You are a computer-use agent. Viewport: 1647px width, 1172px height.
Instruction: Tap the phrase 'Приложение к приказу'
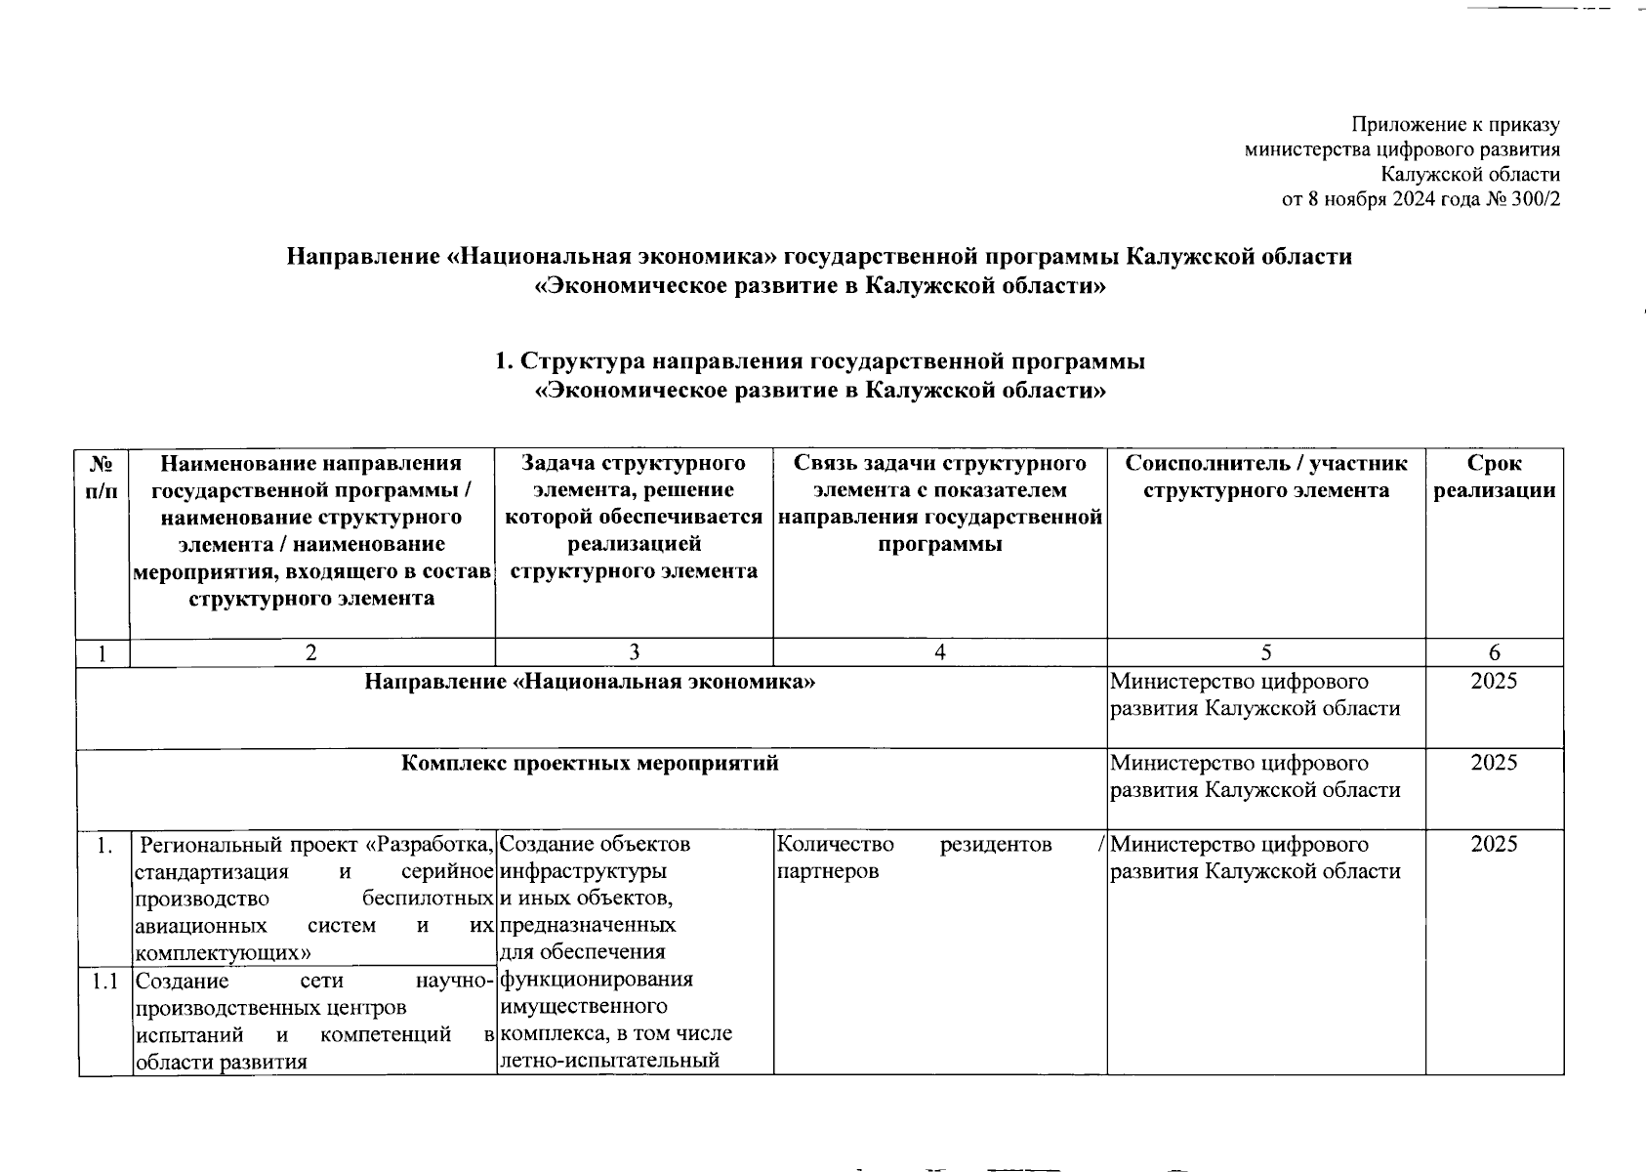1455,125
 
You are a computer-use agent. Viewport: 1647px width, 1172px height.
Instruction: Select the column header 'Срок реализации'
1494,477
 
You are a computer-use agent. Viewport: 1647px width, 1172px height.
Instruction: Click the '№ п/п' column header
102,477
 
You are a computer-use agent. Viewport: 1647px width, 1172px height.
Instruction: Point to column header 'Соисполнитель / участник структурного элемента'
1265,477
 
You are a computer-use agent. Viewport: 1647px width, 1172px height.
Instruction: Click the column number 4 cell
939,653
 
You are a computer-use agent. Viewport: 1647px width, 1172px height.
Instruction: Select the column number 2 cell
311,653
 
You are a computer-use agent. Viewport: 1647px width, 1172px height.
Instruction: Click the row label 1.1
104,981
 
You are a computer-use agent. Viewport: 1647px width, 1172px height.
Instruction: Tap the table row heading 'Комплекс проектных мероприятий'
590,764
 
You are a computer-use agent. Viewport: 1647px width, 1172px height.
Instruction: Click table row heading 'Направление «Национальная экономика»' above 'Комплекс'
590,682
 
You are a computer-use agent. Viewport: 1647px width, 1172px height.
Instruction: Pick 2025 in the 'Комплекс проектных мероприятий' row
1494,763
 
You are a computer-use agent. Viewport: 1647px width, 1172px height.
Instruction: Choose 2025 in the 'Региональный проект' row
1494,844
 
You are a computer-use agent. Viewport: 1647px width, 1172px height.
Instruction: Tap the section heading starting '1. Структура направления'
820,361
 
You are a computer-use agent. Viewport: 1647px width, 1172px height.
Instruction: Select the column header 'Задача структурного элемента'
634,517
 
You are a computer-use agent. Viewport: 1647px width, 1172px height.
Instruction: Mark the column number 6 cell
1494,653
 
